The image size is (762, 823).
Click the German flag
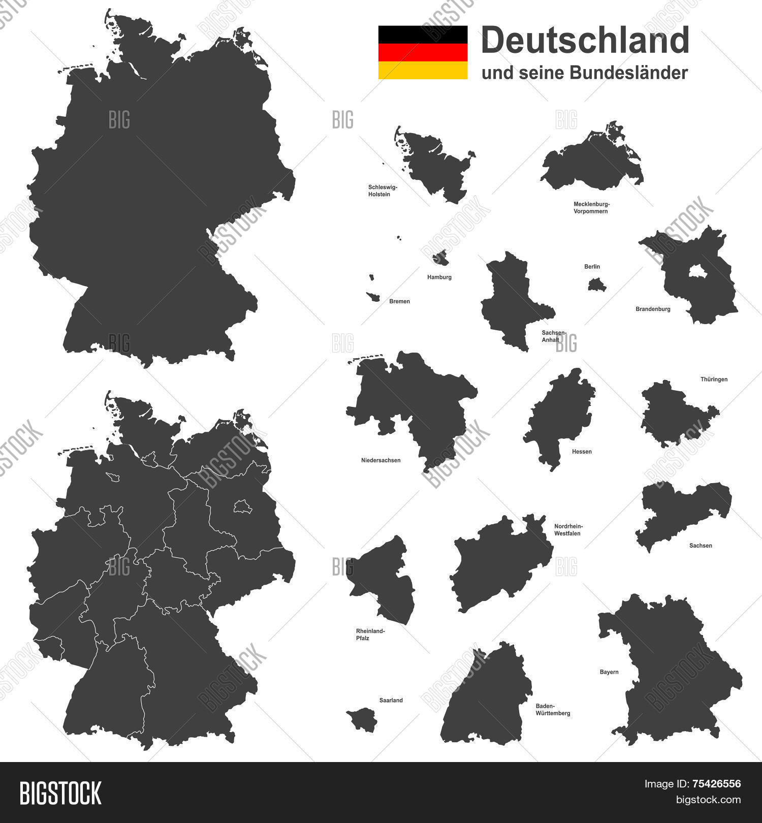(x=423, y=52)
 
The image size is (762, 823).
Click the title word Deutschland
(x=585, y=40)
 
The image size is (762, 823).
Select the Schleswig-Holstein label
(x=383, y=191)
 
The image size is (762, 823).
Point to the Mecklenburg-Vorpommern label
(x=591, y=207)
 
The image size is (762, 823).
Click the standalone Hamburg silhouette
(x=440, y=259)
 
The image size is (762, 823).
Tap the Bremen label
(x=399, y=301)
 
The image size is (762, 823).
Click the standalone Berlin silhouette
(x=597, y=284)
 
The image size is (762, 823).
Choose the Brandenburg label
(x=653, y=309)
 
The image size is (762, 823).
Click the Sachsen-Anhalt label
(x=554, y=336)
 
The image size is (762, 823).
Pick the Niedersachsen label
(x=380, y=460)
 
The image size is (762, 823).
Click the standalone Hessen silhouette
(x=559, y=417)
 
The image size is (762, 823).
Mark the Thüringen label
(x=714, y=379)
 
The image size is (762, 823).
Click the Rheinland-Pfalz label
(x=370, y=635)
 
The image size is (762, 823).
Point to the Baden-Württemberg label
(x=553, y=710)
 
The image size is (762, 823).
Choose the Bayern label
(x=609, y=672)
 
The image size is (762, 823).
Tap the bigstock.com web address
(x=708, y=800)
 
